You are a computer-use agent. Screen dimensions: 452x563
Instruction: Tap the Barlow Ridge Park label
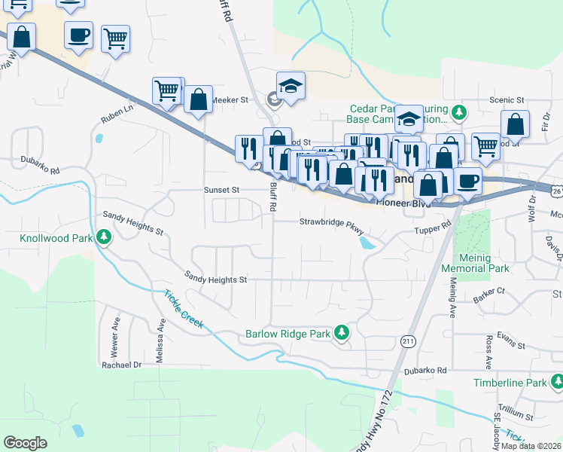pos(288,333)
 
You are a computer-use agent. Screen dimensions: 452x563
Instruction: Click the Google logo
pos(26,442)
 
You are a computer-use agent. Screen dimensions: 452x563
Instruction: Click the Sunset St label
pos(221,191)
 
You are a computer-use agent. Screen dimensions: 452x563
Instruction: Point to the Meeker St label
pos(230,99)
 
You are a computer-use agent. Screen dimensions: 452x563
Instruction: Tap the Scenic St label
pos(506,100)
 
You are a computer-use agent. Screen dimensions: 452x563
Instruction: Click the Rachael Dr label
pos(122,365)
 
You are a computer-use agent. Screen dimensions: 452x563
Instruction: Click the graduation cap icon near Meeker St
pos(290,87)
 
